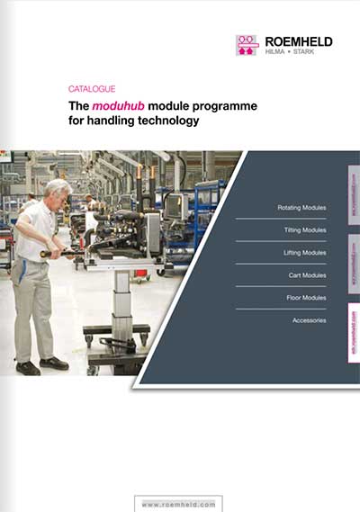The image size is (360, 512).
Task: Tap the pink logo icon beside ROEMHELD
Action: tap(247, 45)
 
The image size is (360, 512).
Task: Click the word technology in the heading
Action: tap(161, 120)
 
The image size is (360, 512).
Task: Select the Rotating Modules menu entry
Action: tap(301, 208)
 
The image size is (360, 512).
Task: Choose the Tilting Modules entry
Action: tap(304, 230)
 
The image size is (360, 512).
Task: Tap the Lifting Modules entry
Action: tap(304, 253)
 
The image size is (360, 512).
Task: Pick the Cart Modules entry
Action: tap(308, 275)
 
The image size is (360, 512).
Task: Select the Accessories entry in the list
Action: tap(309, 320)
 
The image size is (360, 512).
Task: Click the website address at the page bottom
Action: tap(179, 504)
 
